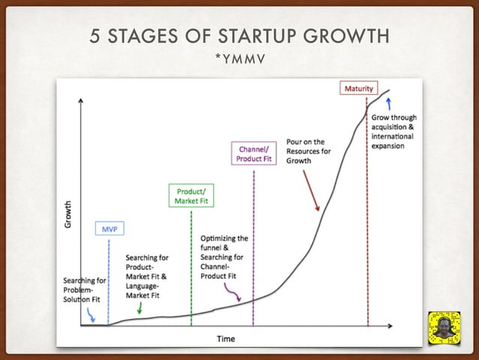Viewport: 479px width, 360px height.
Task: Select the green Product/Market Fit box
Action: click(x=187, y=196)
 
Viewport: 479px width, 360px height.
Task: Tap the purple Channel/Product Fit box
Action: click(x=253, y=154)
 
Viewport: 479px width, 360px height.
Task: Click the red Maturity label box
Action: click(x=359, y=89)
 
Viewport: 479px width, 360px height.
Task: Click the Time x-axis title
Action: click(x=226, y=338)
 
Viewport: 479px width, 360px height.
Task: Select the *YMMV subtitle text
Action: click(x=239, y=59)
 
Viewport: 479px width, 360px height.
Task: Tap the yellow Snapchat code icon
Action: click(x=444, y=329)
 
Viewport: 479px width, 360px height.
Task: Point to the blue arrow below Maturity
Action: click(x=388, y=103)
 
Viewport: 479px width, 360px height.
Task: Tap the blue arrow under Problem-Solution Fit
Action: click(x=91, y=316)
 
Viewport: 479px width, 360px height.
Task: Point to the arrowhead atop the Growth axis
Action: click(x=81, y=101)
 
